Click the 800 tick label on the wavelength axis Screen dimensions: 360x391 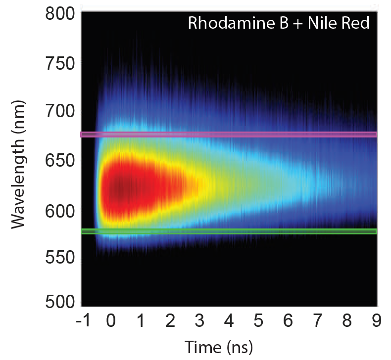point(60,14)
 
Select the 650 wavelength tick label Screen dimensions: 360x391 point(60,162)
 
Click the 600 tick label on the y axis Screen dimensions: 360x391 point(60,211)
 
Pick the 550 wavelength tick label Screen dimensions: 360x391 point(60,259)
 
